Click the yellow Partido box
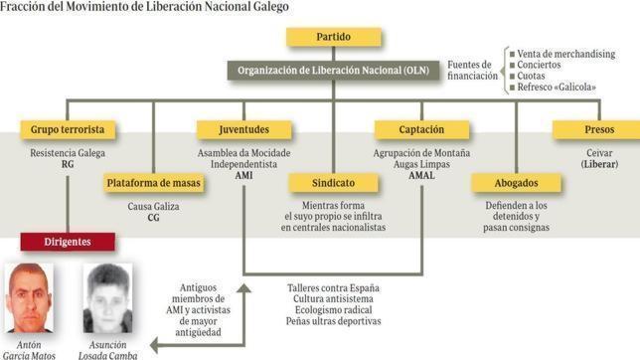tap(334, 37)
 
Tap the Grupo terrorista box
tap(68, 129)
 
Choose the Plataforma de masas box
tap(152, 183)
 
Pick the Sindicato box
tap(333, 183)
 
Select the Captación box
tap(421, 129)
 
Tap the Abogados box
tap(514, 183)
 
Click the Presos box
tap(597, 129)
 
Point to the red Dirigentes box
tap(68, 241)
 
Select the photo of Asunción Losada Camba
tap(104, 297)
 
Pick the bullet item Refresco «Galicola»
tap(557, 88)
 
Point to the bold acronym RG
tap(68, 164)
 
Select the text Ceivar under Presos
tap(597, 153)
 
